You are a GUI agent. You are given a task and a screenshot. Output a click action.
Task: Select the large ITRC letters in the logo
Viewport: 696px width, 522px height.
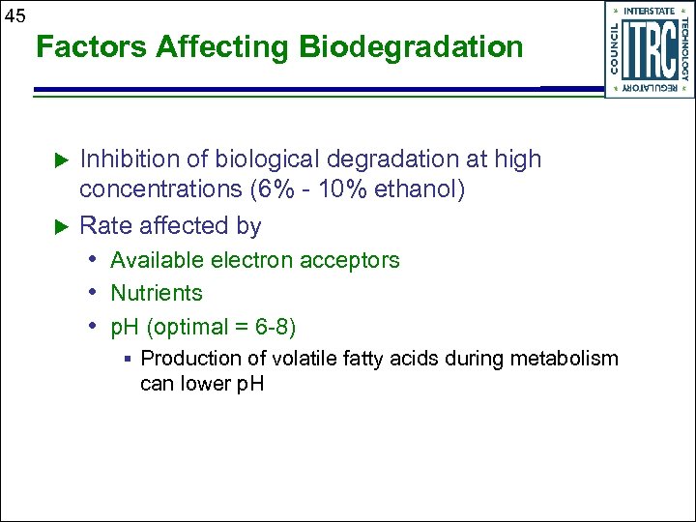tap(650, 49)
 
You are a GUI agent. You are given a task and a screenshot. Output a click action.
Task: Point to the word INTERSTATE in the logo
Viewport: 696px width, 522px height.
tap(650, 11)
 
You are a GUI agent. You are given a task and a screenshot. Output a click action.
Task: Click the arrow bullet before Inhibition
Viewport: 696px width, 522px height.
tap(57, 159)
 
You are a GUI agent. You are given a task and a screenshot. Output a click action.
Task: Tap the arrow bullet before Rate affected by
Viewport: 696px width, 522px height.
tap(57, 226)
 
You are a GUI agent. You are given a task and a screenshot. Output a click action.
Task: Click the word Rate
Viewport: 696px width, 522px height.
tap(105, 226)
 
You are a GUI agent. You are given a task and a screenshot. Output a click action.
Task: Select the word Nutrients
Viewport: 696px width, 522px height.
tap(157, 293)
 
